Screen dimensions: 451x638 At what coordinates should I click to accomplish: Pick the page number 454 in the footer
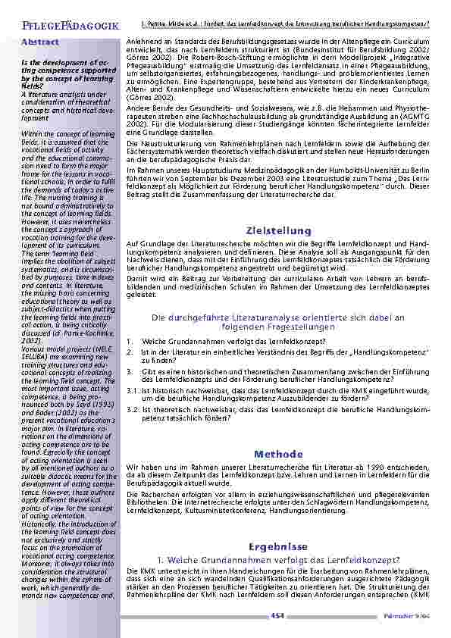(277, 617)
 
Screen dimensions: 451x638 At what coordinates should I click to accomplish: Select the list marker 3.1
(132, 389)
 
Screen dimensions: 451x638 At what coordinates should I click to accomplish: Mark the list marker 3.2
(132, 409)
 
